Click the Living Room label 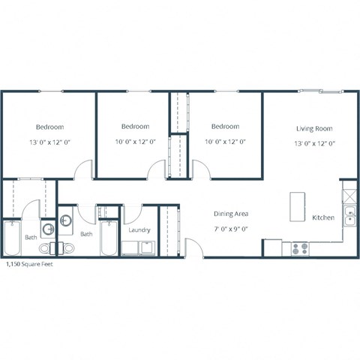point(314,128)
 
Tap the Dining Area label point(232,214)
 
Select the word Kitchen point(323,218)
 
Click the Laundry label point(139,230)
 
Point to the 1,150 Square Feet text point(29,265)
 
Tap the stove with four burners point(301,248)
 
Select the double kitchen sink point(350,218)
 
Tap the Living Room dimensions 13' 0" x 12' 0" point(314,142)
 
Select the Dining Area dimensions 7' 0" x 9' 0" point(232,226)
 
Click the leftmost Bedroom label point(49,127)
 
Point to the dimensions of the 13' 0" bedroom point(49,141)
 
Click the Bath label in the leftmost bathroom point(31,237)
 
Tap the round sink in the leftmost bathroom point(46,229)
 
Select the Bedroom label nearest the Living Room point(225,127)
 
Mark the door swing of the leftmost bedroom point(84,171)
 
